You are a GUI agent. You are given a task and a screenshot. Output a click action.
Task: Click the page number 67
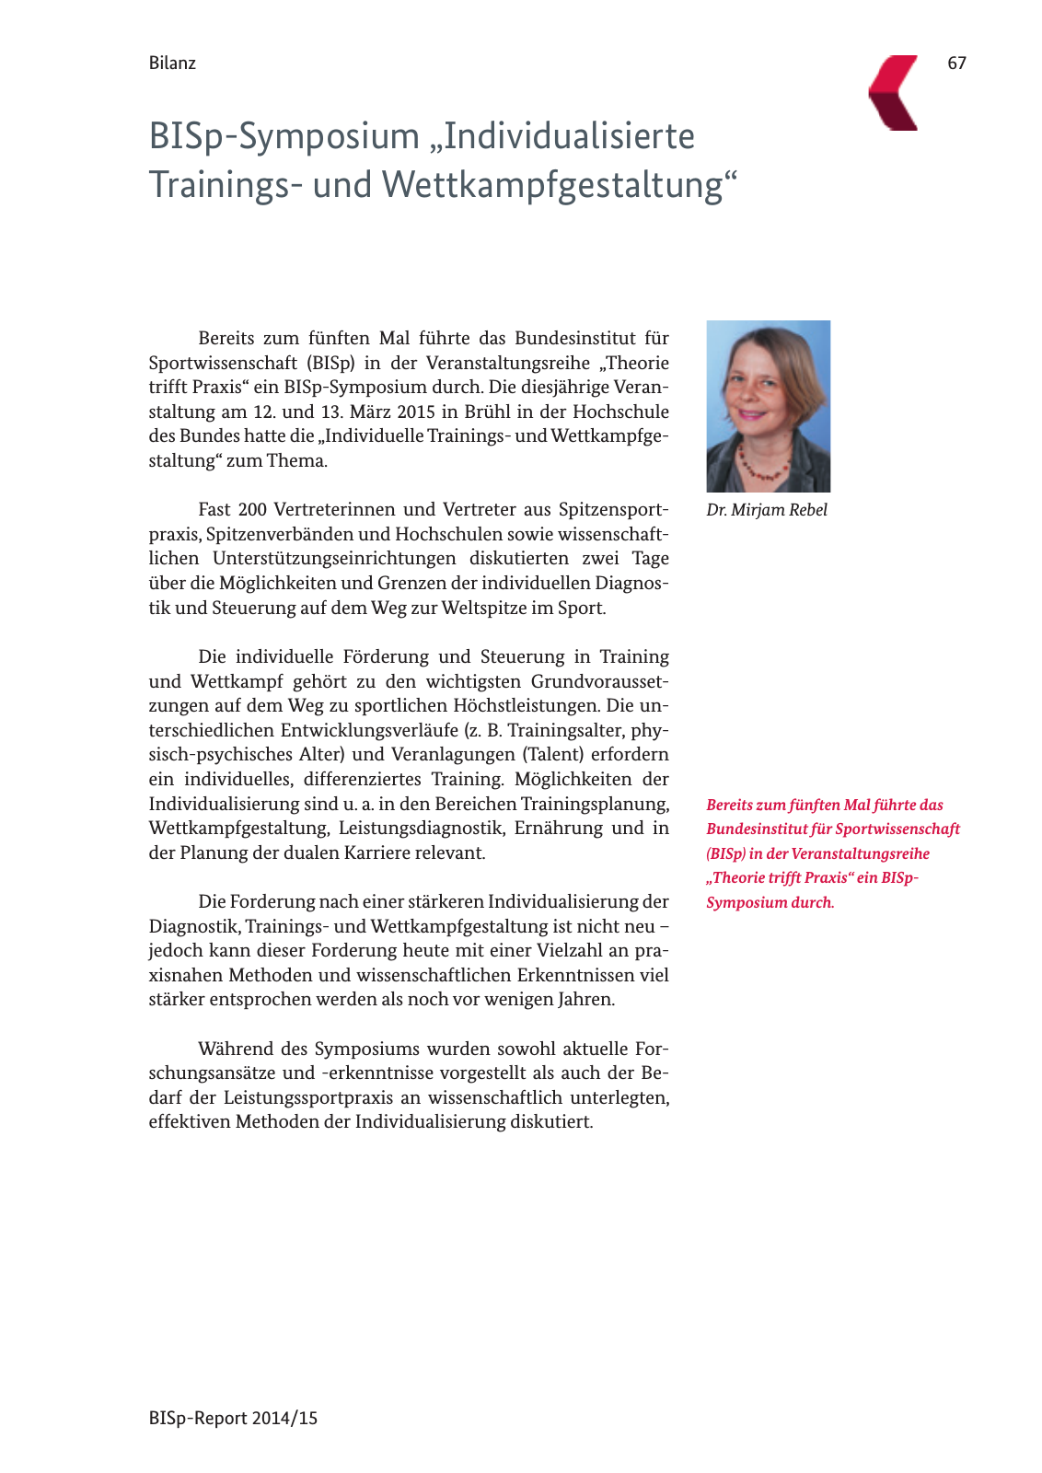tap(956, 63)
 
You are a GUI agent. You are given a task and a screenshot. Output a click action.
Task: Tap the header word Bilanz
tap(172, 63)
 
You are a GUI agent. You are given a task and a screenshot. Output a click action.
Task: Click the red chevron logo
tap(894, 92)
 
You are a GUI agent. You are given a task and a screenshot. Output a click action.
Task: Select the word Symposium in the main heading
tap(330, 136)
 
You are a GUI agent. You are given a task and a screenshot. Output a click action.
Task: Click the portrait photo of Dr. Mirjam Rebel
tap(768, 405)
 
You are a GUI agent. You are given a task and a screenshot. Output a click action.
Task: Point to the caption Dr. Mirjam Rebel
tap(767, 510)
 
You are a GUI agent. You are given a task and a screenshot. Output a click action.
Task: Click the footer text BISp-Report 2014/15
tap(233, 1418)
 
